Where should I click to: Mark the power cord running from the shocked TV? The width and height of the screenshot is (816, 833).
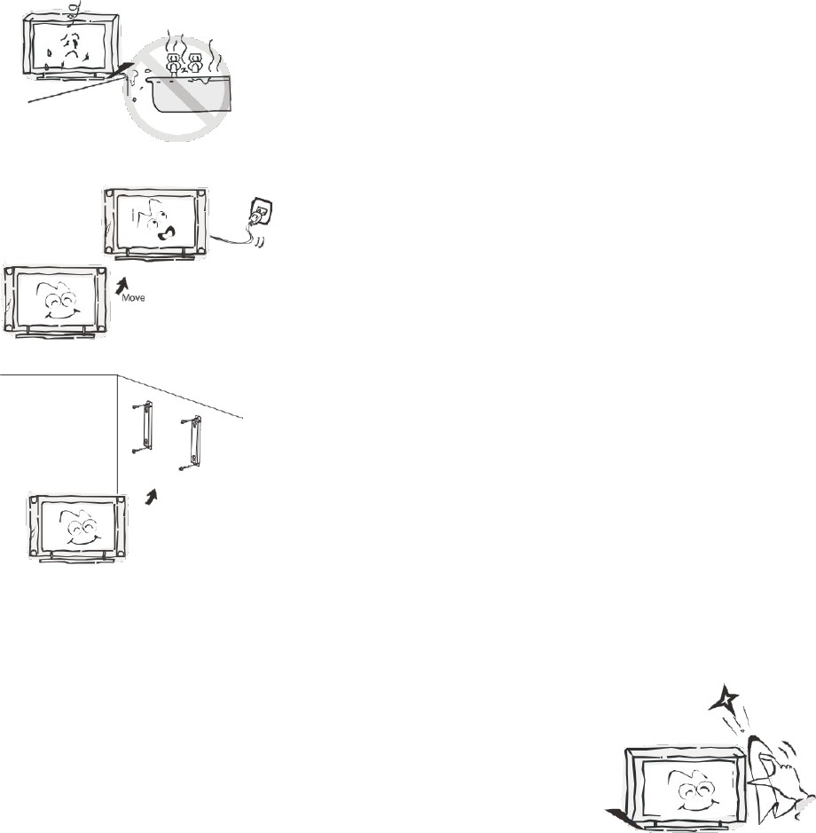click(x=235, y=235)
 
